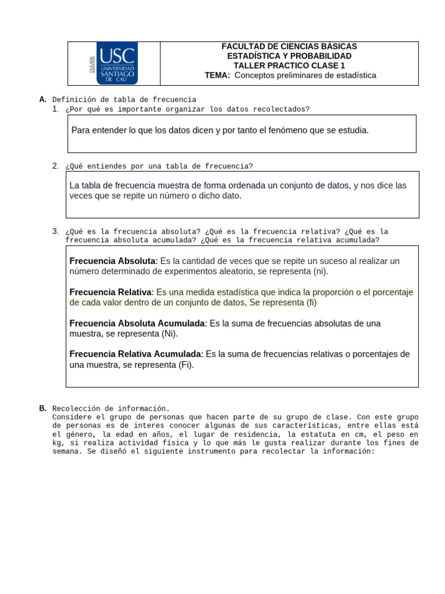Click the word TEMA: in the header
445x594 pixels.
pyautogui.click(x=217, y=75)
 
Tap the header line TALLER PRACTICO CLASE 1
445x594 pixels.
pyautogui.click(x=289, y=66)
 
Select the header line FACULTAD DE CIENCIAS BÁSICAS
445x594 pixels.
pyautogui.click(x=289, y=46)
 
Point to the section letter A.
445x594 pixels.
pyautogui.click(x=42, y=100)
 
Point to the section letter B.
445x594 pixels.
pyautogui.click(x=42, y=408)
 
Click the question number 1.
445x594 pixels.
pyautogui.click(x=55, y=109)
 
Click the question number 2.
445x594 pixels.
pyautogui.click(x=55, y=166)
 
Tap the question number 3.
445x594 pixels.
pyautogui.click(x=55, y=231)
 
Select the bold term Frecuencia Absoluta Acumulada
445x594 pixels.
pyautogui.click(x=137, y=323)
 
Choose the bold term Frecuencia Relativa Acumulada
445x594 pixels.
pyautogui.click(x=136, y=354)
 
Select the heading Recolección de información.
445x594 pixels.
pyautogui.click(x=111, y=408)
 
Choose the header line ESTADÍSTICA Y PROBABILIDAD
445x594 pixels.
pyautogui.click(x=289, y=56)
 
